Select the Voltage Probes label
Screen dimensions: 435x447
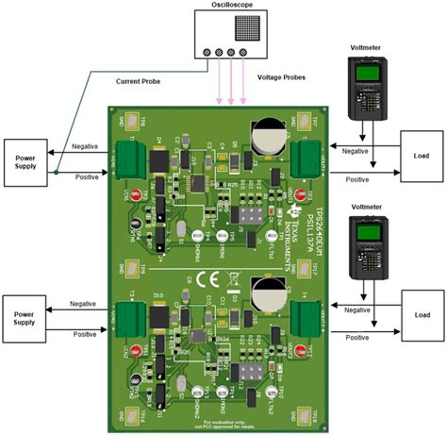point(282,76)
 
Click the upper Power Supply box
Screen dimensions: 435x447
point(25,157)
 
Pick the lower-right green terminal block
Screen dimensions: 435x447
point(308,316)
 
